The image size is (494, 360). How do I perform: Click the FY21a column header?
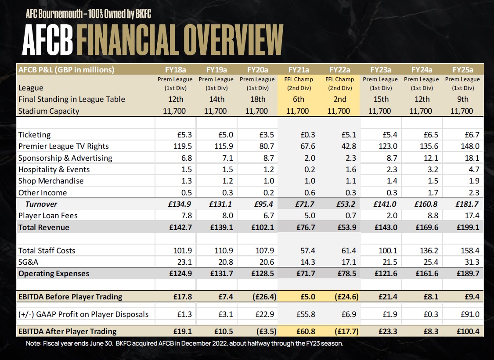(x=299, y=69)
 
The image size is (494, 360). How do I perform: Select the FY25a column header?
(x=462, y=69)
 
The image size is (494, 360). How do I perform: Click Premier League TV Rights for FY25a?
(x=463, y=146)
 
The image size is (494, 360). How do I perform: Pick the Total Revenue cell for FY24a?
(x=422, y=227)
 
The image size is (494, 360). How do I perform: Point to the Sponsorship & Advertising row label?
(x=65, y=158)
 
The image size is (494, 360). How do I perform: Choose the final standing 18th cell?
(x=258, y=99)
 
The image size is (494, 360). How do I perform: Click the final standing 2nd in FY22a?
(x=340, y=99)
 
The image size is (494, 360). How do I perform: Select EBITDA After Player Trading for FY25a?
(x=462, y=331)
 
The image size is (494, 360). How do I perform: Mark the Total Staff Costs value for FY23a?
(x=380, y=251)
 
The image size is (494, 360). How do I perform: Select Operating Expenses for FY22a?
(x=340, y=274)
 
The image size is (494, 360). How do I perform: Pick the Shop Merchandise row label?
(x=51, y=181)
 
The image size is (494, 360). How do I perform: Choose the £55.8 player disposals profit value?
(x=299, y=314)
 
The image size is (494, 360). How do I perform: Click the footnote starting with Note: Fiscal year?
(x=184, y=343)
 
